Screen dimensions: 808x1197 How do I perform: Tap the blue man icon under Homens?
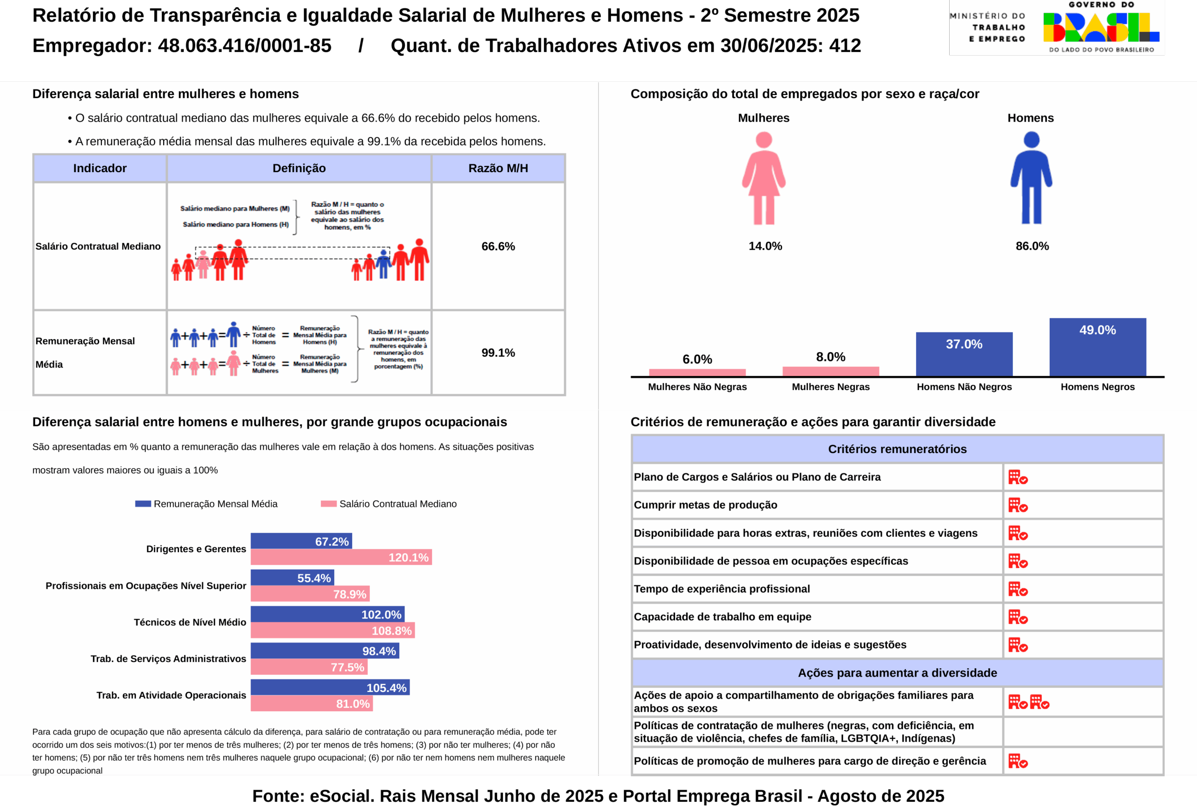point(1031,178)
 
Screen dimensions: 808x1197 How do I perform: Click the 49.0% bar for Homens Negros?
point(1097,346)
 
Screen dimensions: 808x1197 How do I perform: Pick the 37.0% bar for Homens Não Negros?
point(964,354)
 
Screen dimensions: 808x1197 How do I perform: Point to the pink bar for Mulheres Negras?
point(830,371)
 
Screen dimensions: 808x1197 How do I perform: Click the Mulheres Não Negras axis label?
point(697,387)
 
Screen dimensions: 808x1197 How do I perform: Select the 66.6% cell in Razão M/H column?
point(498,246)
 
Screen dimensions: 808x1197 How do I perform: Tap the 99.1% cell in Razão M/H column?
point(498,353)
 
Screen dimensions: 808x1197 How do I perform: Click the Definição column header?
point(299,168)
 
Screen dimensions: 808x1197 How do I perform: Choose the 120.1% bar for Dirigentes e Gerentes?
point(341,557)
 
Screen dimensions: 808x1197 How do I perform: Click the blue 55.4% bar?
point(292,577)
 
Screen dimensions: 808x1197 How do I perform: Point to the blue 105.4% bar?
point(330,687)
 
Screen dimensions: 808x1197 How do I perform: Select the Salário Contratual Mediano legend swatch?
point(329,504)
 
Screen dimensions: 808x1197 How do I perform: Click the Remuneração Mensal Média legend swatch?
point(143,504)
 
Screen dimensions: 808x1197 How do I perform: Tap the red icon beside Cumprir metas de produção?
point(1017,505)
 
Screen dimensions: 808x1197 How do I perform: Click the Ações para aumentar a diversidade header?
point(897,672)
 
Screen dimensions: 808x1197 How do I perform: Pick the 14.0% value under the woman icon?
point(765,246)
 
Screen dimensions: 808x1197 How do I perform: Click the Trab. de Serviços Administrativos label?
point(168,659)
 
